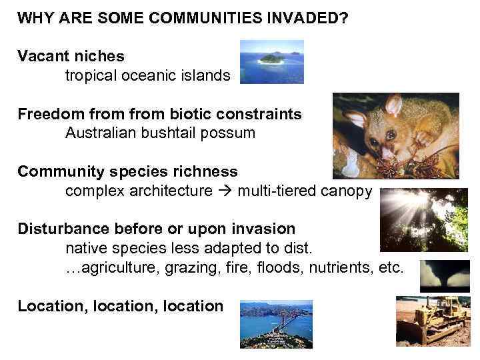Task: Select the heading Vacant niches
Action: pyautogui.click(x=71, y=56)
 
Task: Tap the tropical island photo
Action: pyautogui.click(x=271, y=61)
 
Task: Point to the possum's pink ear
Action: pyautogui.click(x=393, y=105)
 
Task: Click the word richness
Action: pyautogui.click(x=205, y=171)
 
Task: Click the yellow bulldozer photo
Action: pyautogui.click(x=433, y=321)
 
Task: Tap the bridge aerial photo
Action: pyautogui.click(x=276, y=324)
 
